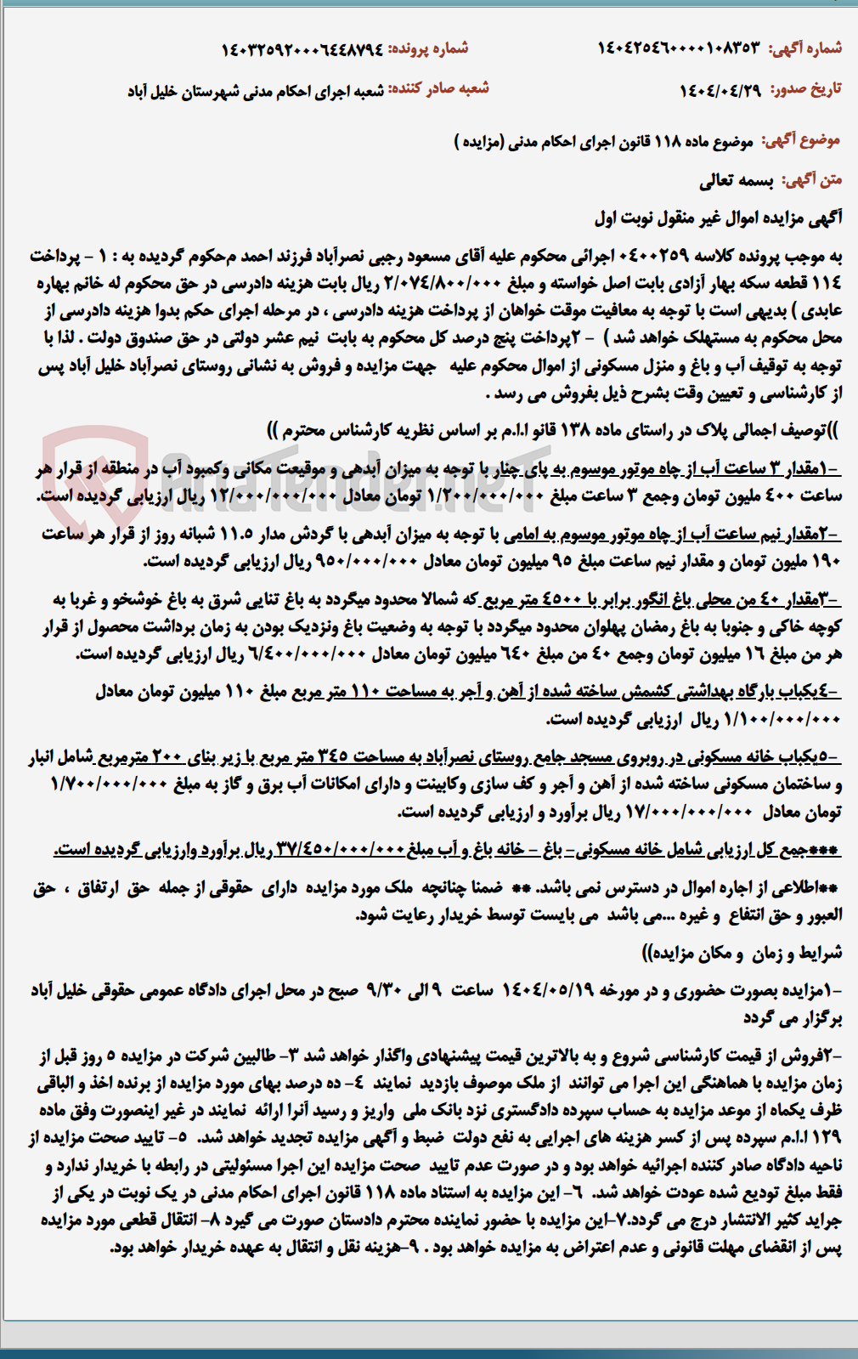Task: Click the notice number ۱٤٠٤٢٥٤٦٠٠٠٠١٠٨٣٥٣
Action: point(679,48)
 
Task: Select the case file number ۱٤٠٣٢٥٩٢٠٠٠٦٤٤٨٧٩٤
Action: point(302,49)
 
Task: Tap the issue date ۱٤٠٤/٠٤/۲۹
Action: point(721,89)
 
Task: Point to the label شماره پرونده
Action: point(428,48)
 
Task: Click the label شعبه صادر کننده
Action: point(438,88)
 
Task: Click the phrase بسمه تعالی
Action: point(737,180)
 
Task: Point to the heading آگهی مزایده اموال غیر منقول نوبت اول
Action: point(718,218)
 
